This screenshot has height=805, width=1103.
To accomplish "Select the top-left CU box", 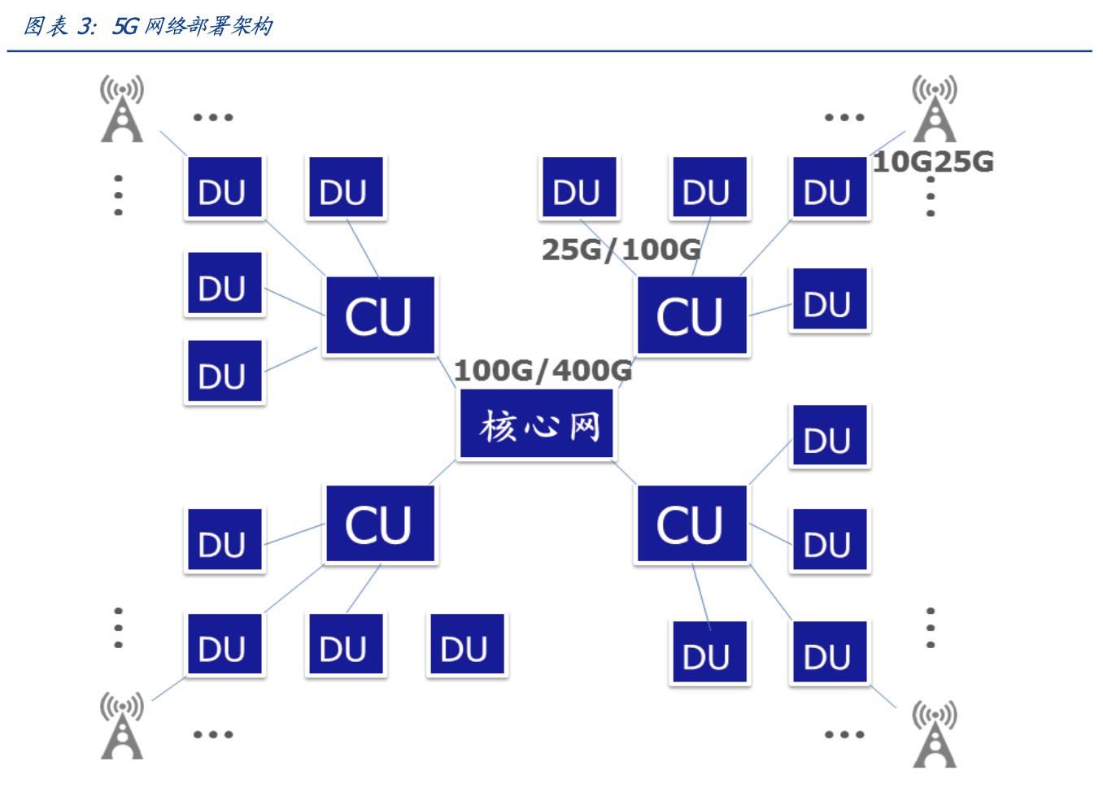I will click(380, 315).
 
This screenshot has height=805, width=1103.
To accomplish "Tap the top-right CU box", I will click(691, 315).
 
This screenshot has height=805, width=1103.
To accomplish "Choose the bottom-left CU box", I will click(380, 524).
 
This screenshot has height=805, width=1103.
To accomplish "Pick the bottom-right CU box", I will click(691, 524).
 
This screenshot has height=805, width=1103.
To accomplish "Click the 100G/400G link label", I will click(543, 371).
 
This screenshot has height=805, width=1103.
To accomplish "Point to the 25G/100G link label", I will click(621, 249).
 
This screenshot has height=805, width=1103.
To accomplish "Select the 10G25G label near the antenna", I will click(933, 162).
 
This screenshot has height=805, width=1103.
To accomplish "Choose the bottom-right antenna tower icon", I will click(934, 735).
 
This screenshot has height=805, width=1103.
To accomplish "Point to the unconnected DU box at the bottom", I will click(466, 646).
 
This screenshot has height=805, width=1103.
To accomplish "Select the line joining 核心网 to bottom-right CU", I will click(625, 472).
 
